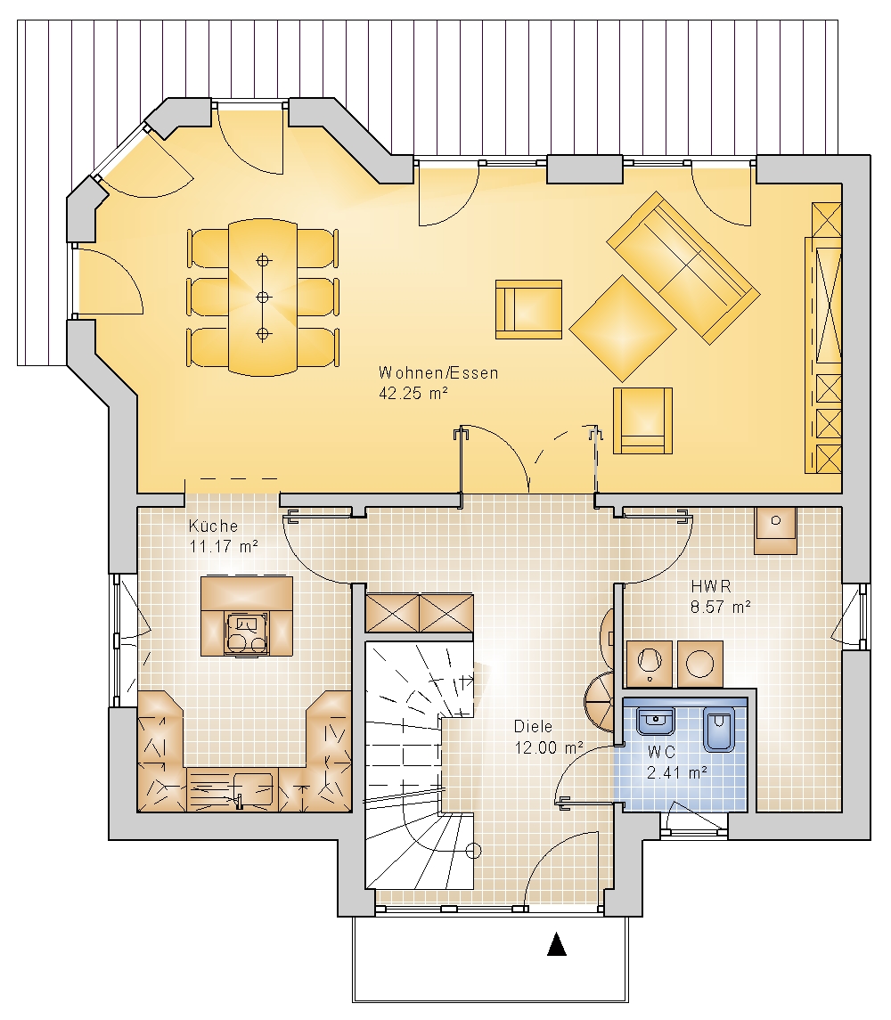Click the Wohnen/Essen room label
coord(438,373)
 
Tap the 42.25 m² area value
coord(413,394)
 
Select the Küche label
coord(213,526)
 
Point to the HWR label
coord(711,586)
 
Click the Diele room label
coord(533,727)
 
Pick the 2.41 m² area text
coord(677,773)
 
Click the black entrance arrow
coord(556,944)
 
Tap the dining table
coord(263,298)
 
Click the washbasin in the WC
coord(656,722)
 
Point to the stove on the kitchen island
coord(246,633)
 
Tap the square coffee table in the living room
coord(623,329)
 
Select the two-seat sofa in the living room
coord(683,267)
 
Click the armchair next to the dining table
coord(528,310)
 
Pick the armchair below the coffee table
coord(642,420)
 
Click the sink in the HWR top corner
coord(776,530)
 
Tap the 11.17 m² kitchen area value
coord(224,546)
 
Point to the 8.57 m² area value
coord(721,607)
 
